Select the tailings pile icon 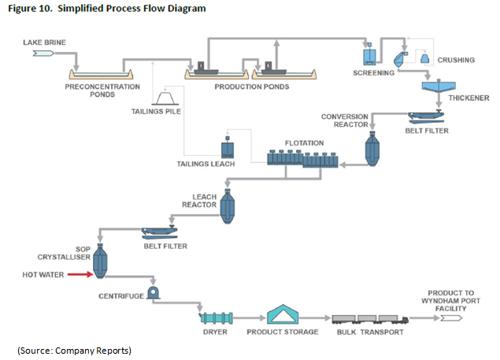(x=167, y=97)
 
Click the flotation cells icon (x=304, y=158)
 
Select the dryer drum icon (x=218, y=317)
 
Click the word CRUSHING (x=456, y=60)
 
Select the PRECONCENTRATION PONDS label (x=102, y=89)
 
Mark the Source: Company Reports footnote (x=74, y=349)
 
